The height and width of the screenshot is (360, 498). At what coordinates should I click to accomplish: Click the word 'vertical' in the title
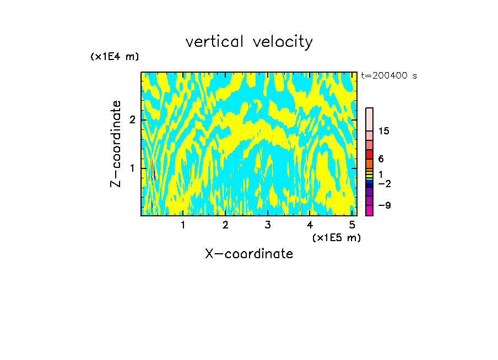[212, 42]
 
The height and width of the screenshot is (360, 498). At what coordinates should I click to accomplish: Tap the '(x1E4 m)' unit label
[115, 56]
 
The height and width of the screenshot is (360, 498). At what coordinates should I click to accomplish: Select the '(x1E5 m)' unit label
[336, 237]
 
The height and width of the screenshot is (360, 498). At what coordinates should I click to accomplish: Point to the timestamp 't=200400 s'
[389, 76]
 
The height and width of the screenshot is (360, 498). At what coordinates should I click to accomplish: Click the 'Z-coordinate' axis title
[116, 144]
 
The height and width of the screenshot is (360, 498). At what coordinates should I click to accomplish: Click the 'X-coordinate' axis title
[249, 254]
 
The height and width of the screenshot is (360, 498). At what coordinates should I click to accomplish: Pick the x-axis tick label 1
[183, 225]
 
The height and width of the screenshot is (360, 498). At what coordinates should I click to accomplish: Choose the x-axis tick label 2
[225, 225]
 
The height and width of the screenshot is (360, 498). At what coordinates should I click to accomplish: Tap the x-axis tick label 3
[268, 225]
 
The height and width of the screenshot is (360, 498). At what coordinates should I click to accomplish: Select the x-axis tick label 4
[310, 225]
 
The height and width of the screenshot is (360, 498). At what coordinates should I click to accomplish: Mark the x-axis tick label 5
[352, 225]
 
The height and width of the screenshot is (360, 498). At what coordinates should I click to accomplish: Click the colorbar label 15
[384, 131]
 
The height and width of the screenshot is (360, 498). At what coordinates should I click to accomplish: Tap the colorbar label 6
[381, 159]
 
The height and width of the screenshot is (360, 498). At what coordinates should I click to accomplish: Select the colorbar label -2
[384, 183]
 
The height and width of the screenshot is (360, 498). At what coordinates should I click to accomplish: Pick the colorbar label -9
[384, 205]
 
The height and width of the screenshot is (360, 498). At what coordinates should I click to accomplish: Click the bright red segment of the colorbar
[369, 154]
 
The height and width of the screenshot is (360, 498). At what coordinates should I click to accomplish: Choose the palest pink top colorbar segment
[369, 119]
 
